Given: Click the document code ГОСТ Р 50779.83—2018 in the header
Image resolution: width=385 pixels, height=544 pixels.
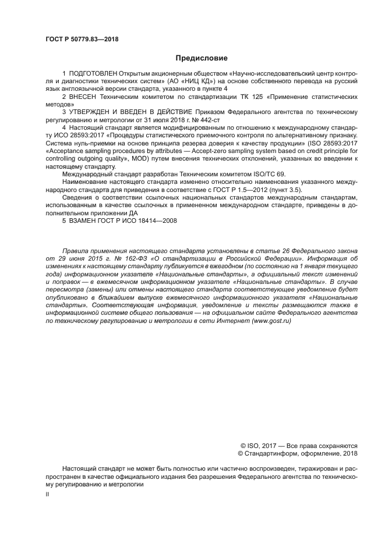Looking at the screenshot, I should point(82,39).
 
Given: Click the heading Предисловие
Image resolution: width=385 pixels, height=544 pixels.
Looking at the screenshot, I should point(202,58).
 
